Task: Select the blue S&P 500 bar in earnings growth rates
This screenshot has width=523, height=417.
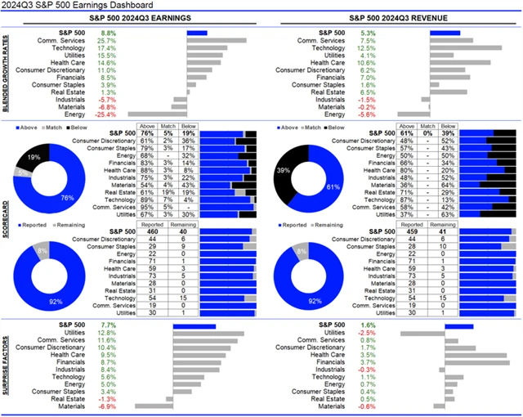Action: click(197, 33)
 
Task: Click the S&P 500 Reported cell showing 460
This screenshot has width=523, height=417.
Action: click(152, 231)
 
